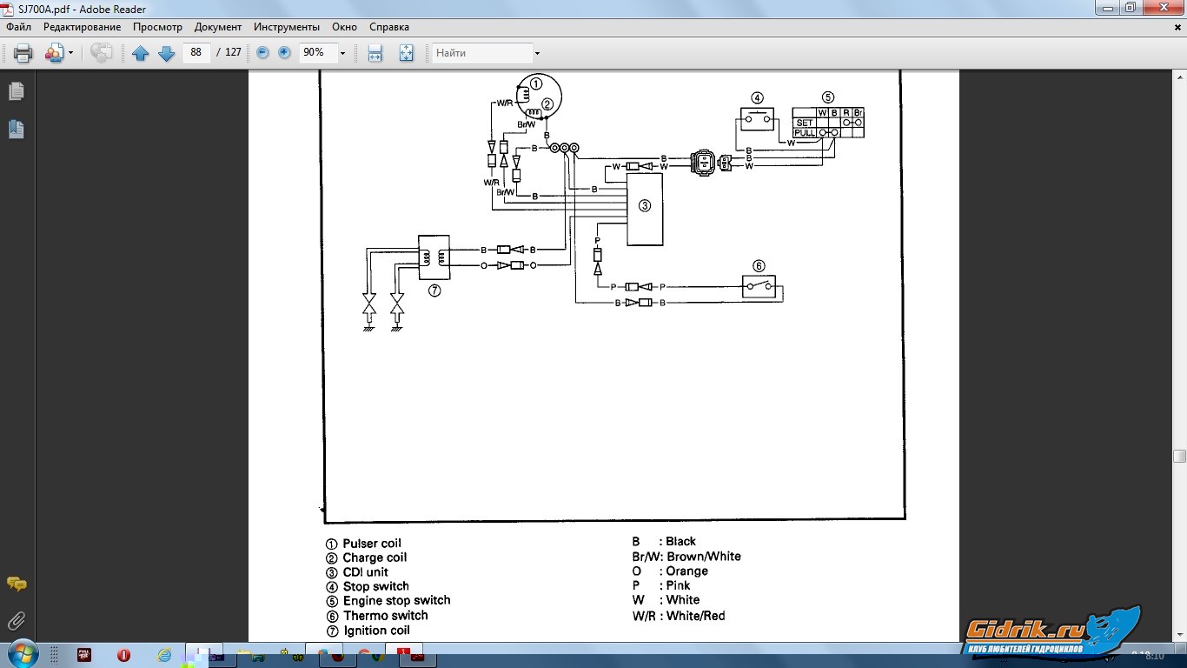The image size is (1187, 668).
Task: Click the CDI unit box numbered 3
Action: [644, 209]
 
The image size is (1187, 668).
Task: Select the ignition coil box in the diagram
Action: [434, 257]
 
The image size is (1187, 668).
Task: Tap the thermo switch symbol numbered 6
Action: [758, 286]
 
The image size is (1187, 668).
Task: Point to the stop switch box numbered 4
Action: [757, 118]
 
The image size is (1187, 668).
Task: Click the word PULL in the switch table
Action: [805, 133]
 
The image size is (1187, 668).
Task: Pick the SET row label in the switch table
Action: [805, 123]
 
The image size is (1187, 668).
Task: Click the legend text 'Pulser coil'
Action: [372, 544]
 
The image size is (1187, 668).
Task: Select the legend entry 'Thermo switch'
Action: [385, 616]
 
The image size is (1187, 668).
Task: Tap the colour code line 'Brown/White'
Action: [703, 557]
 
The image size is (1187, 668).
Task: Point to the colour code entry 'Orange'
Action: [686, 571]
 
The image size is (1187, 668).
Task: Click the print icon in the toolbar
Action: [23, 53]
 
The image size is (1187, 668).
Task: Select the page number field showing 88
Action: [196, 52]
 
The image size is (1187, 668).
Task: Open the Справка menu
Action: [389, 27]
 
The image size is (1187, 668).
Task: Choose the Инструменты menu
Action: [287, 27]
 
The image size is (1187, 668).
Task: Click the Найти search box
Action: [483, 53]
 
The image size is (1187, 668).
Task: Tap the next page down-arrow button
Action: [167, 53]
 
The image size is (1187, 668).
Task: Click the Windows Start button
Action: [21, 653]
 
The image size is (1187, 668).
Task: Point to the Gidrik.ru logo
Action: [1051, 631]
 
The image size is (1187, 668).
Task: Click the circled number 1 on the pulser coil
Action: [536, 83]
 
